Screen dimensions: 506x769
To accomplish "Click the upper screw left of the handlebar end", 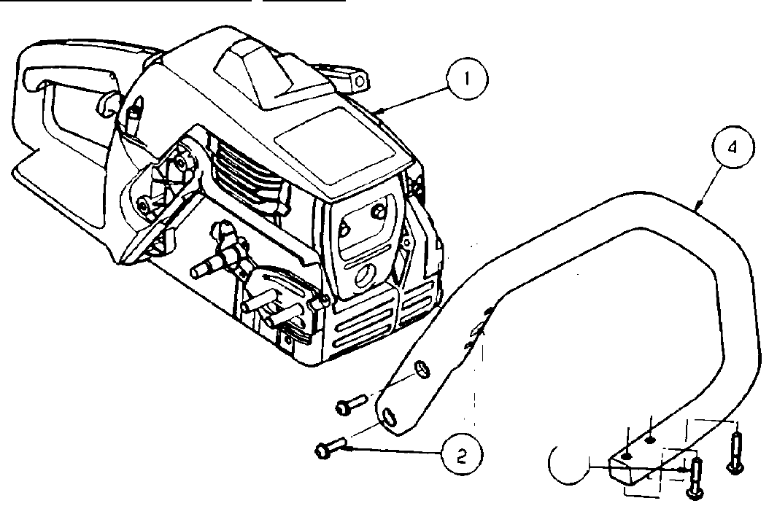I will [x=352, y=402].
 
